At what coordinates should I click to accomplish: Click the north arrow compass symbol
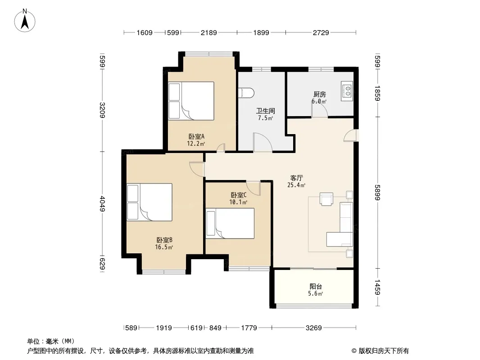click(25, 20)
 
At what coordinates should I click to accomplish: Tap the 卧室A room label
click(196, 136)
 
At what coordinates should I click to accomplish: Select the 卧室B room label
click(164, 240)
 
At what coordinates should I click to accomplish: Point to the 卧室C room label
click(239, 195)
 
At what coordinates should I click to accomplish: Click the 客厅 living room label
click(297, 178)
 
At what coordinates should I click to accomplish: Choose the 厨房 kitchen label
click(319, 94)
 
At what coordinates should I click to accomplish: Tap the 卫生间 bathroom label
click(265, 111)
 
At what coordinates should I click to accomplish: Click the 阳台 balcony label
click(316, 287)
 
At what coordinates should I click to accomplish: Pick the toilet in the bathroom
click(246, 93)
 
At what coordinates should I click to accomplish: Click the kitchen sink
click(347, 91)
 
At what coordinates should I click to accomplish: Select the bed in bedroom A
click(191, 101)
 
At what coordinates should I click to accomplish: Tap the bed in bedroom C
click(230, 223)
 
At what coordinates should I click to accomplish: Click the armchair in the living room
click(326, 199)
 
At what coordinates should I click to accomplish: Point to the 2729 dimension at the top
click(321, 32)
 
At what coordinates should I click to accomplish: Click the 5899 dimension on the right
click(377, 193)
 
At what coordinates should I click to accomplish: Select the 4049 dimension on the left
click(102, 203)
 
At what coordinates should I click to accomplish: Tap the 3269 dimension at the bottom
click(314, 328)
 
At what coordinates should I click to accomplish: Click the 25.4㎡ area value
click(296, 185)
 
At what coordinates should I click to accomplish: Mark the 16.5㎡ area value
click(164, 247)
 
